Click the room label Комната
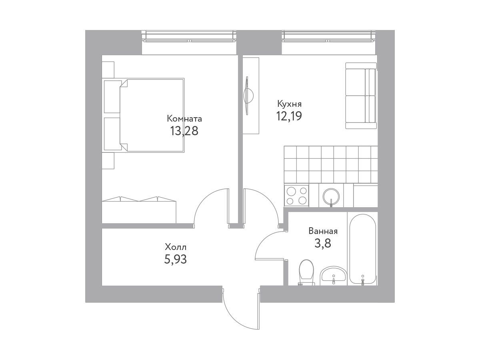(x=184, y=119)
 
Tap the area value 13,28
(x=184, y=131)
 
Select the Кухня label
(x=289, y=104)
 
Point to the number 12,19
(x=289, y=116)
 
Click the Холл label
(x=176, y=247)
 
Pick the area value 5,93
(x=175, y=260)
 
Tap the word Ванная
(x=323, y=231)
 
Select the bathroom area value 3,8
(x=323, y=243)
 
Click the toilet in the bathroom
(x=306, y=272)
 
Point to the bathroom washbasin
(x=333, y=276)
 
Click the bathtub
(x=363, y=249)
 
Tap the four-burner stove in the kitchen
(x=296, y=196)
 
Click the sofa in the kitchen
(x=361, y=96)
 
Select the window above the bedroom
(x=189, y=36)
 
